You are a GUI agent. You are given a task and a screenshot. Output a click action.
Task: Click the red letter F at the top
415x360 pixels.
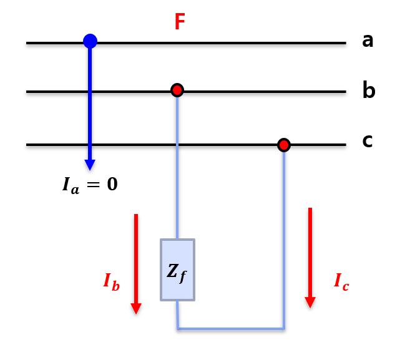pyautogui.click(x=180, y=22)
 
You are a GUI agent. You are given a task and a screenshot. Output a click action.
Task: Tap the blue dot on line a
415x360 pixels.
pyautogui.click(x=90, y=41)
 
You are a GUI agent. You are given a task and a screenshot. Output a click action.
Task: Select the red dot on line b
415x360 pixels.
pyautogui.click(x=177, y=90)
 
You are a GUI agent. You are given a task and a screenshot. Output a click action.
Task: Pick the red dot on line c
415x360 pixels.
pyautogui.click(x=284, y=145)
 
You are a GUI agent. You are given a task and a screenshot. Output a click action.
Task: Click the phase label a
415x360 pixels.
pyautogui.click(x=368, y=41)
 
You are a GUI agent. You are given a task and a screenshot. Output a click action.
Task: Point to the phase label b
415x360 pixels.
pyautogui.click(x=368, y=91)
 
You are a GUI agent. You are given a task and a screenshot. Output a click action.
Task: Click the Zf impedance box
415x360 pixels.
pyautogui.click(x=177, y=270)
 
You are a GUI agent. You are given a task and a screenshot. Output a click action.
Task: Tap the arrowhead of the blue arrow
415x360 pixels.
pyautogui.click(x=90, y=165)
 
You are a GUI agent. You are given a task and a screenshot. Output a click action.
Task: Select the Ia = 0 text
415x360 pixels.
pyautogui.click(x=90, y=185)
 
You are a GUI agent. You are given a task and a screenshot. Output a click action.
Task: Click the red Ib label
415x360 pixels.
pyautogui.click(x=112, y=281)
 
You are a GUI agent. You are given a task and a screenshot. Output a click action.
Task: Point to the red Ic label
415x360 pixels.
pyautogui.click(x=341, y=282)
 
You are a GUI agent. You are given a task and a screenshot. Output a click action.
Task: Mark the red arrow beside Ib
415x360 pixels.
pyautogui.click(x=136, y=262)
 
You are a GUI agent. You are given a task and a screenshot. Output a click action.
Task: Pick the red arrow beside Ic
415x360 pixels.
pyautogui.click(x=310, y=256)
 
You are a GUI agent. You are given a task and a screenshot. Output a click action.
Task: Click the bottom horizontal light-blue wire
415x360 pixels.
pyautogui.click(x=231, y=328)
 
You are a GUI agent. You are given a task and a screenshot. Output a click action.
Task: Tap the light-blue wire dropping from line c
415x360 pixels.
pyautogui.click(x=284, y=237)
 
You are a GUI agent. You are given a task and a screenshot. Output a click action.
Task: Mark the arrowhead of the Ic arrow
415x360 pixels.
pyautogui.click(x=310, y=303)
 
